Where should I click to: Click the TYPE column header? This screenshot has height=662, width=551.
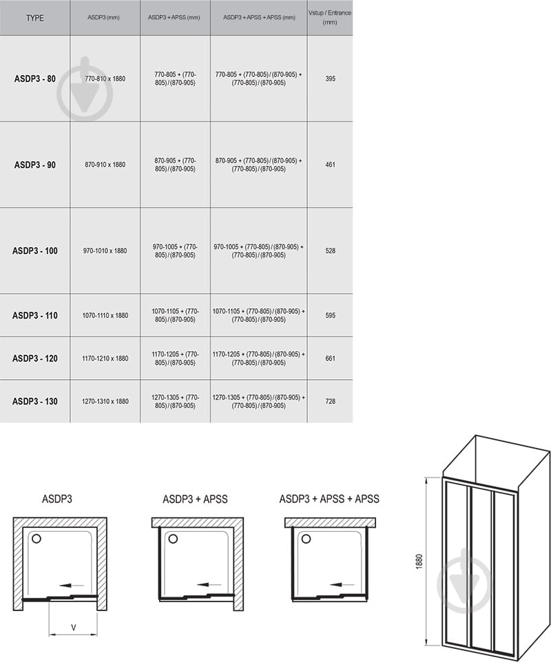(x=34, y=18)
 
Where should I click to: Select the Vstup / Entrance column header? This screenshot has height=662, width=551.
(x=330, y=17)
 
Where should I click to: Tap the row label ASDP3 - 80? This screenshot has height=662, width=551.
(x=34, y=78)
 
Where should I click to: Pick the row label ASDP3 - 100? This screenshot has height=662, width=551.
(x=34, y=250)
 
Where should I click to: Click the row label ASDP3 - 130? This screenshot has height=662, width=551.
(x=34, y=401)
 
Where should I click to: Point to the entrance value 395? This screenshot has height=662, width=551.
(x=330, y=78)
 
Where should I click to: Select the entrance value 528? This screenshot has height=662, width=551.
(x=330, y=250)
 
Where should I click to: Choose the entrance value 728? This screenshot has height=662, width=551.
(x=330, y=401)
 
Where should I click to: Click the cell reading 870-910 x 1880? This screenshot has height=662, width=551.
(x=105, y=164)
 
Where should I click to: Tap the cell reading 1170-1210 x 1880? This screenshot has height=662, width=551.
(x=105, y=359)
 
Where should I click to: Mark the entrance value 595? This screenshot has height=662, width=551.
(x=330, y=315)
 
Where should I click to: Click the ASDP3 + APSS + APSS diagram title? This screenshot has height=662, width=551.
(x=329, y=499)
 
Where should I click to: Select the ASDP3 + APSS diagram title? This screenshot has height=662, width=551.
(x=195, y=499)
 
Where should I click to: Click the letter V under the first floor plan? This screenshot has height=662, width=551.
(x=73, y=628)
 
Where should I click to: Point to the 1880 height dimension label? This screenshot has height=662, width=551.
(x=419, y=562)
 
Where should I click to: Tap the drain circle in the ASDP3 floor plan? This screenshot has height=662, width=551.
(x=37, y=539)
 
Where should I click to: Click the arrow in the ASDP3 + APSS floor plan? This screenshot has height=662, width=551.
(x=209, y=585)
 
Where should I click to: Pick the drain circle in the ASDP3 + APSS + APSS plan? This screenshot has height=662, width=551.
(x=306, y=539)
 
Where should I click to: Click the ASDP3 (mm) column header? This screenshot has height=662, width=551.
(x=103, y=18)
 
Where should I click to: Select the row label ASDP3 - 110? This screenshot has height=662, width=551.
(x=34, y=315)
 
